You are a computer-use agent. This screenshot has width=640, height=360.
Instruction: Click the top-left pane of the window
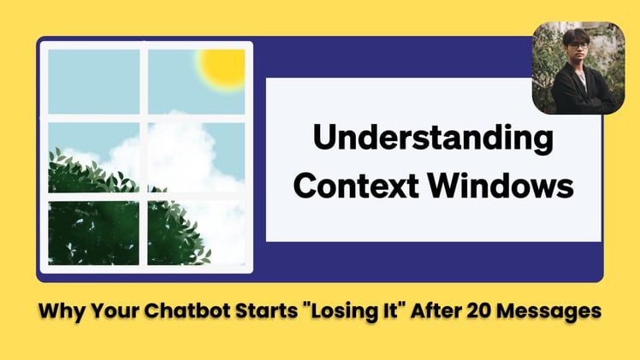(x=94, y=81)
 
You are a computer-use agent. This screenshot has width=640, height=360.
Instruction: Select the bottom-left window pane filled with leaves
(x=94, y=232)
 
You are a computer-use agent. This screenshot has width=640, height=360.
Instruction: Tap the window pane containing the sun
(x=196, y=81)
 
